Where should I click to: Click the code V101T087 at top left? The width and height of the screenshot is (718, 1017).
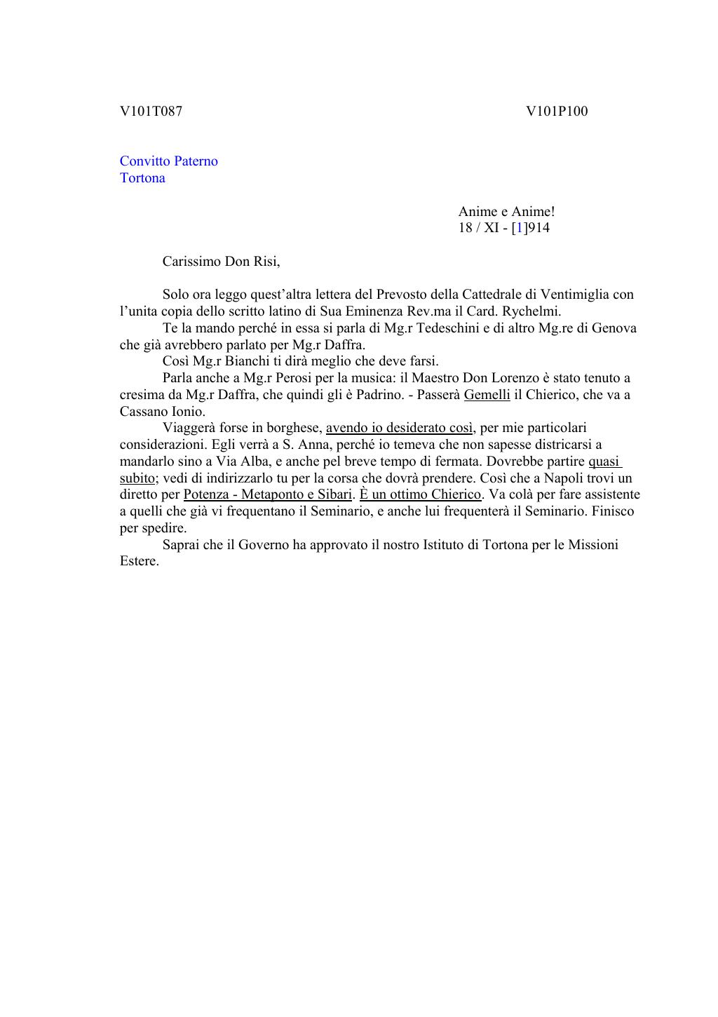click(x=151, y=111)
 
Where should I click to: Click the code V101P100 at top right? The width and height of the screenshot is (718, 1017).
click(x=557, y=111)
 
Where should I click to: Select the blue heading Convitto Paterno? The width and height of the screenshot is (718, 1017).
click(x=168, y=161)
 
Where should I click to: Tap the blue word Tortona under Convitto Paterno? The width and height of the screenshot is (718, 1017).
click(x=142, y=178)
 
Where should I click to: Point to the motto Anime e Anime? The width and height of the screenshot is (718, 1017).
click(x=506, y=211)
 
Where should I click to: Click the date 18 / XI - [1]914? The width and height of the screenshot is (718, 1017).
click(x=503, y=228)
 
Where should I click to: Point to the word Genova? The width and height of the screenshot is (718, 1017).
click(x=614, y=328)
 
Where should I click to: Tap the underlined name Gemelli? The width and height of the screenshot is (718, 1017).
click(x=487, y=395)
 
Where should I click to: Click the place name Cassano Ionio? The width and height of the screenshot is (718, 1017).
click(x=161, y=412)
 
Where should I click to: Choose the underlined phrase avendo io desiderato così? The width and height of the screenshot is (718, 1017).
click(x=399, y=428)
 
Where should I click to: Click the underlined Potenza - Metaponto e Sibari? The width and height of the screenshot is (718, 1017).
click(x=267, y=494)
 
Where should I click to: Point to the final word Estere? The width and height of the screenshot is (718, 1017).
click(x=139, y=561)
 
